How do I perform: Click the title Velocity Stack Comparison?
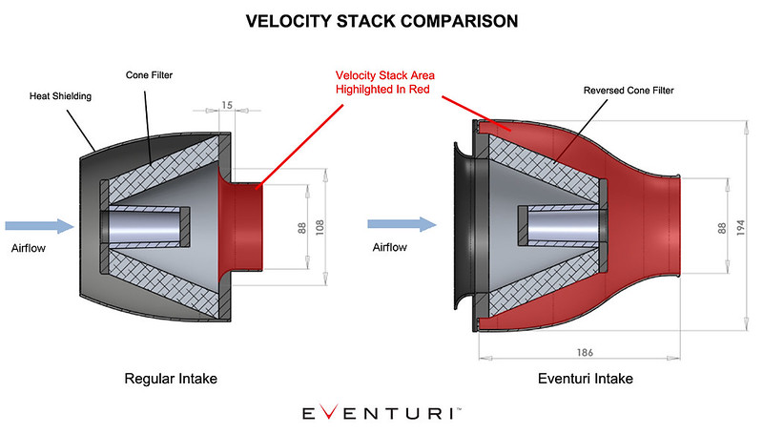(x=381, y=20)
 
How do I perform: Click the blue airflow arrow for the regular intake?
(x=39, y=226)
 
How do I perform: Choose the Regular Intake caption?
(x=171, y=379)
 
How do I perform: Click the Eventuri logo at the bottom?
(x=381, y=413)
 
